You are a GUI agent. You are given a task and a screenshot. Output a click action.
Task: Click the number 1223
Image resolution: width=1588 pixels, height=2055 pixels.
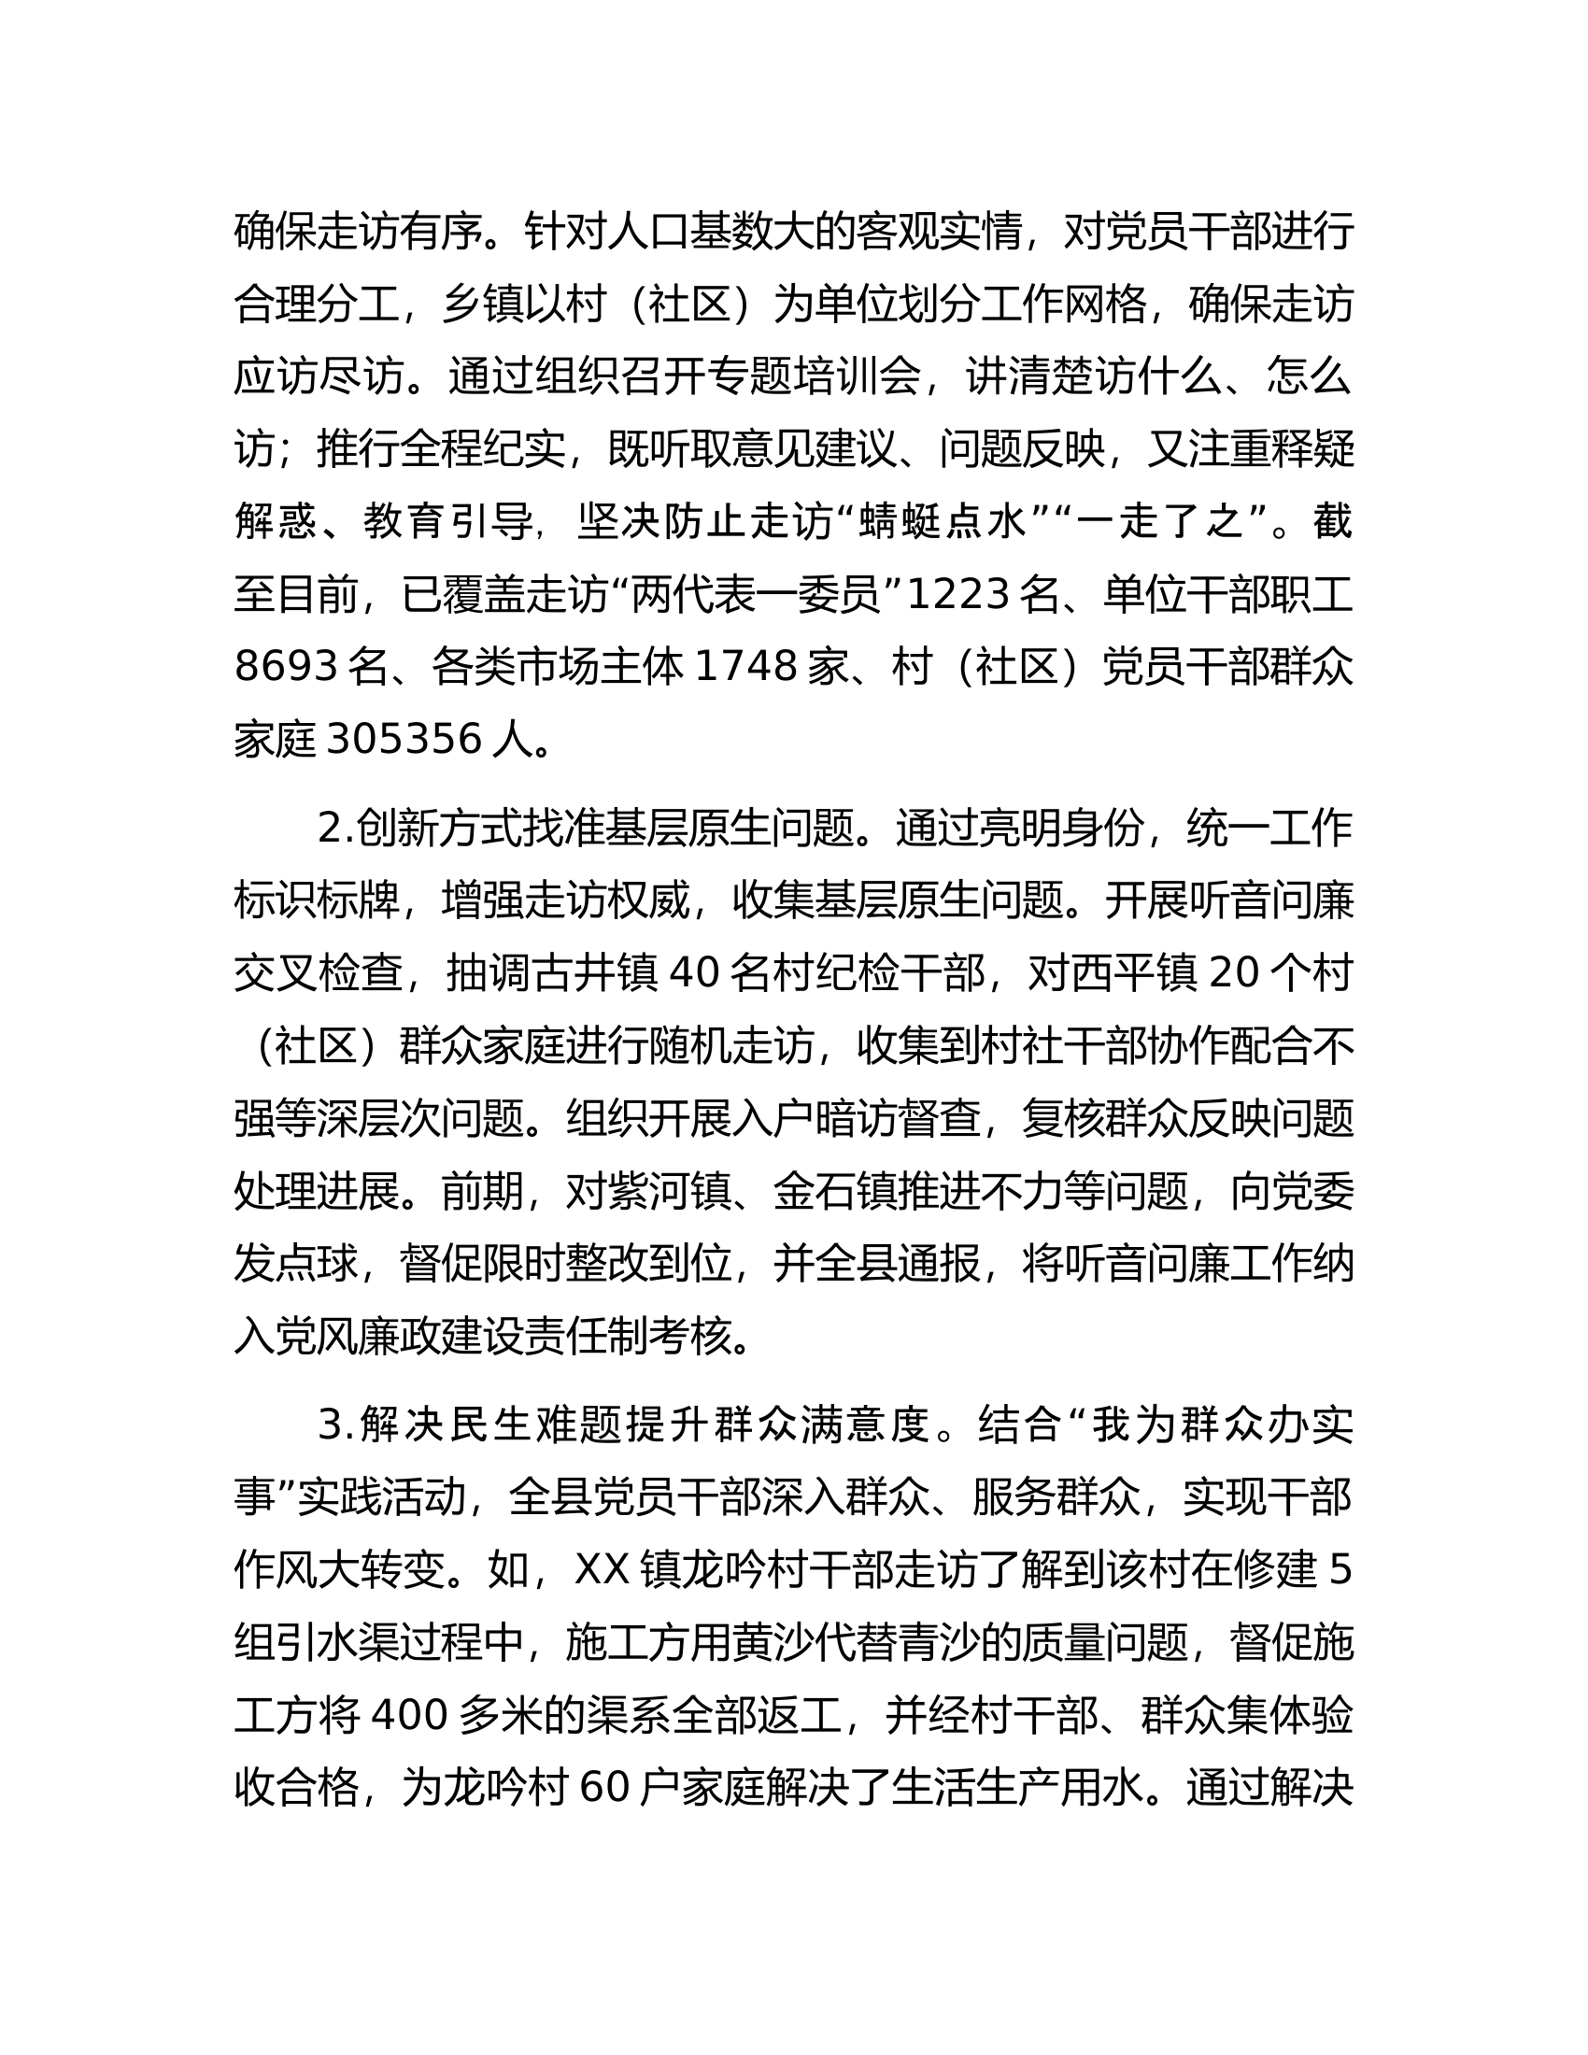[958, 595]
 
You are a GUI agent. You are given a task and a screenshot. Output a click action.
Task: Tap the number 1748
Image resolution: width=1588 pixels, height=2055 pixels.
[746, 667]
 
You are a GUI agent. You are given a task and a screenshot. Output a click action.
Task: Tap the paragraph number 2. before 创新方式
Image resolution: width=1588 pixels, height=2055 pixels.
[336, 829]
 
